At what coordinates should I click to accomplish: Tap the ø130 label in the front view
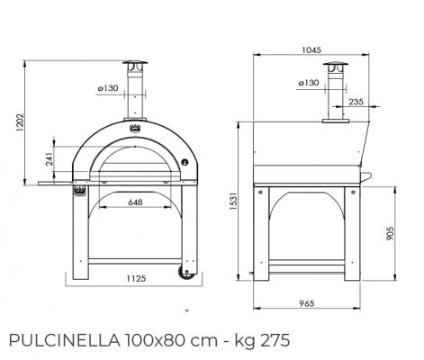tap(107, 87)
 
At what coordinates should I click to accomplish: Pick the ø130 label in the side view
tap(307, 82)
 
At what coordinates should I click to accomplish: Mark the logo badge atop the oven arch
tap(138, 125)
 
